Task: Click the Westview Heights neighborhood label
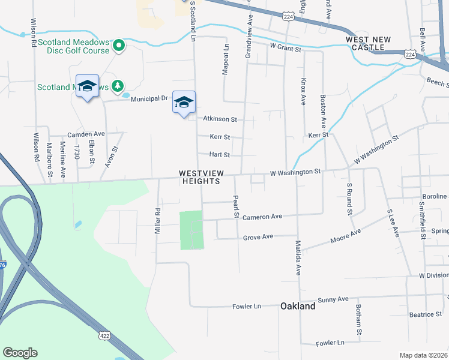[202, 177]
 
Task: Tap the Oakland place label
[298, 306]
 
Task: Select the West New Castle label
[368, 43]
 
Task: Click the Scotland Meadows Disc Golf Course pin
[119, 45]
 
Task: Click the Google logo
[20, 353]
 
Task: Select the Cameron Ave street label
[262, 216]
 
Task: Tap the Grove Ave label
[258, 237]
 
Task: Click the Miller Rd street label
[158, 221]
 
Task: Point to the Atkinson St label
[220, 119]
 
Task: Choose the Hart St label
[219, 155]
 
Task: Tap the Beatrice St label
[425, 314]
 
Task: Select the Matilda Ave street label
[298, 257]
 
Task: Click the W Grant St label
[285, 46]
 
